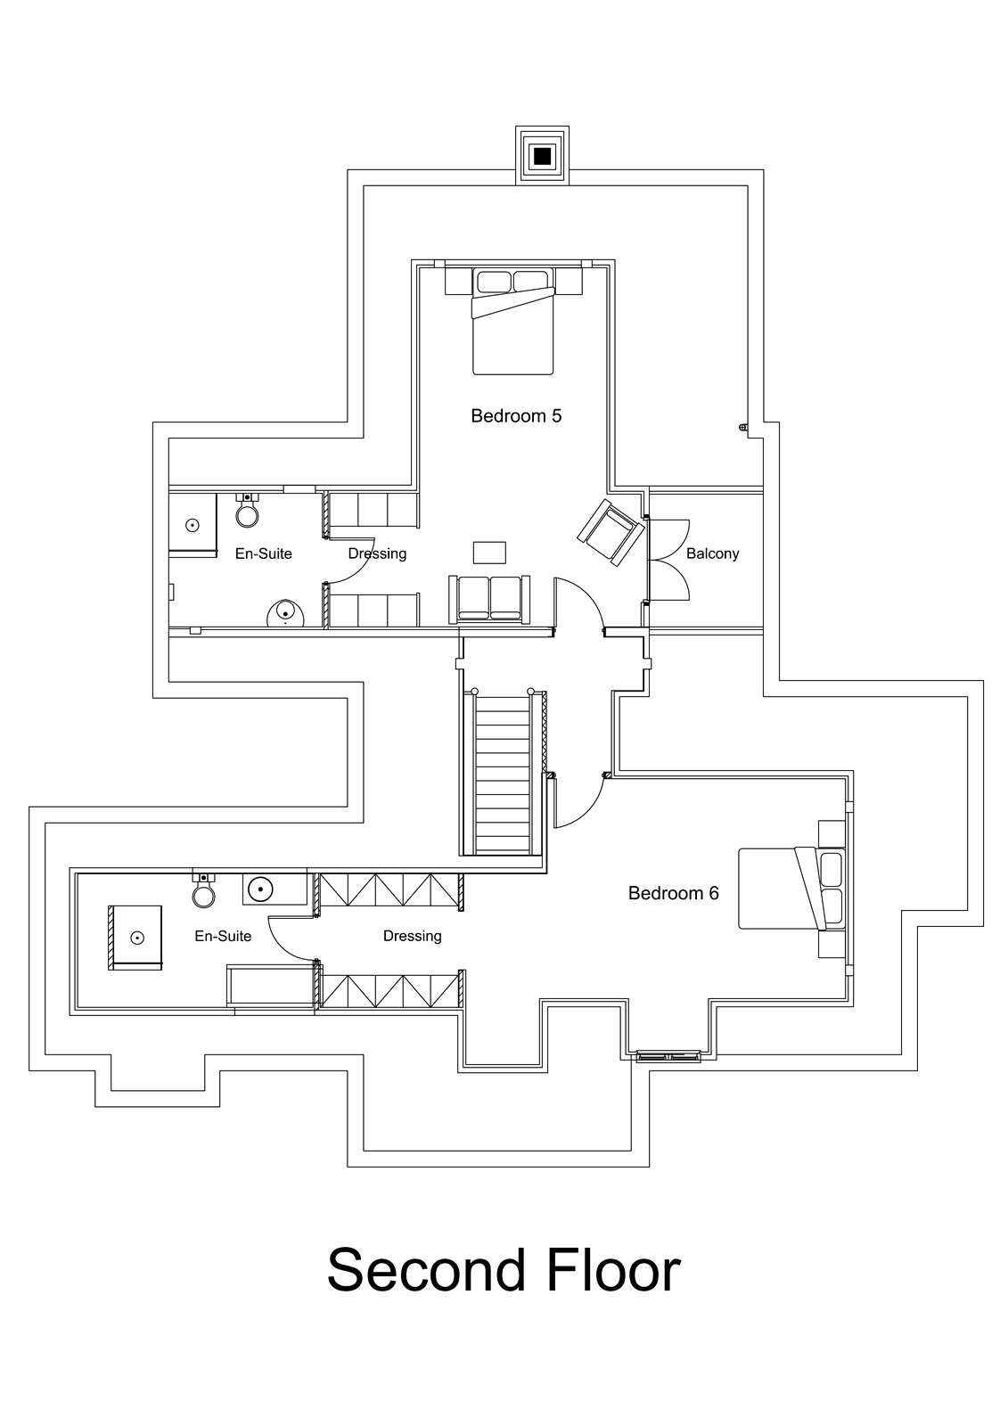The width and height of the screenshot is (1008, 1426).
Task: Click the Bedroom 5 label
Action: [x=516, y=415]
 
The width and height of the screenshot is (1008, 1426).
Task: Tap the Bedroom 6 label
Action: [x=673, y=893]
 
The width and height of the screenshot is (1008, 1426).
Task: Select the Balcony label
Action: [x=712, y=553]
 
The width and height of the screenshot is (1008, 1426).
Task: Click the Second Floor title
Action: [x=504, y=1269]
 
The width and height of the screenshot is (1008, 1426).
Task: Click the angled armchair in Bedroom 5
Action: [x=611, y=532]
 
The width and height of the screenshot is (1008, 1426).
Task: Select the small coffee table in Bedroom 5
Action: [x=489, y=553]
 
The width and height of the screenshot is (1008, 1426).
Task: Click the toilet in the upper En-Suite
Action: [x=247, y=512]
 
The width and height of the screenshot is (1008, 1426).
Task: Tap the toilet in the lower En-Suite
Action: [x=204, y=891]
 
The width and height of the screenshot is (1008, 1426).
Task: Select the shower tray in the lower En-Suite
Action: [x=136, y=937]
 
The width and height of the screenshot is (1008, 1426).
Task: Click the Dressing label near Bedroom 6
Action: [x=412, y=936]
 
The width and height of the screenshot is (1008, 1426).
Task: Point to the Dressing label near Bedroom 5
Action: [x=377, y=553]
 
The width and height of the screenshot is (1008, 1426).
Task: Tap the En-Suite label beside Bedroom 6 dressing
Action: [x=223, y=936]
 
